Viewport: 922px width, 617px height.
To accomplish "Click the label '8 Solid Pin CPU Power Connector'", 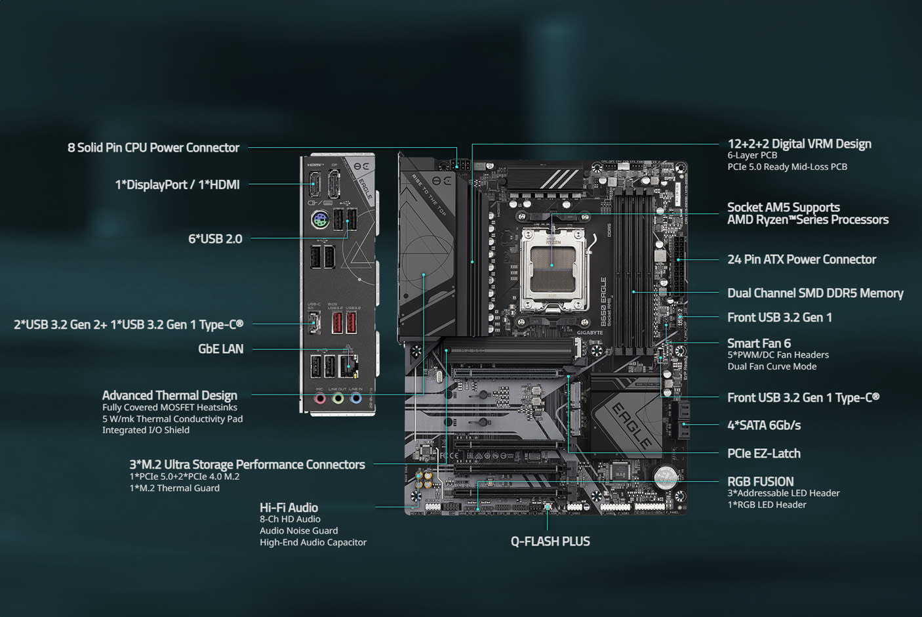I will coord(153,148).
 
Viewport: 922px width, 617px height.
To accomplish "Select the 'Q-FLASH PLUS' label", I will coord(550,542).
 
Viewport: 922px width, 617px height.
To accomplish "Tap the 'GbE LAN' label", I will coord(220,349).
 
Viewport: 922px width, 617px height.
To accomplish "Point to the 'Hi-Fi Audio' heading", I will coord(289,507).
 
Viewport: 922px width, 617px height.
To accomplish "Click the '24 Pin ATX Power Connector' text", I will coord(801,259).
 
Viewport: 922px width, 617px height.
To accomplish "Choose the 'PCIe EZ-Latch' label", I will coord(763,454).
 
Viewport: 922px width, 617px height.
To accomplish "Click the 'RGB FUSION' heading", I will coord(760,481).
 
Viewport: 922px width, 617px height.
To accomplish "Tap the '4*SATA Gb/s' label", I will coord(763,425).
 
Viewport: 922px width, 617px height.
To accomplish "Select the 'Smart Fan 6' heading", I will coord(759,343).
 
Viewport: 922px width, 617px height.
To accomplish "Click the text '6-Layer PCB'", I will coord(752,156).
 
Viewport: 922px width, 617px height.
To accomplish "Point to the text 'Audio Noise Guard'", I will coord(298,530).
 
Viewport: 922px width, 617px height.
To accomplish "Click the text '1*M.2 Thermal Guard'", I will coord(174,488).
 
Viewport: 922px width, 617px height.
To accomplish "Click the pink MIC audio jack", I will coord(320,398).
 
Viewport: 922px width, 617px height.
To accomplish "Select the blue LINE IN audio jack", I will coord(355,398).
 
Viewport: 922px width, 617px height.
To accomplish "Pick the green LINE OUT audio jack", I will coord(338,398).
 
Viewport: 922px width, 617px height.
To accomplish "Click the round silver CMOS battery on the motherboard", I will coord(666,477).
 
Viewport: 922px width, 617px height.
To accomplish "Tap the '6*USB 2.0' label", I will coord(215,239).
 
